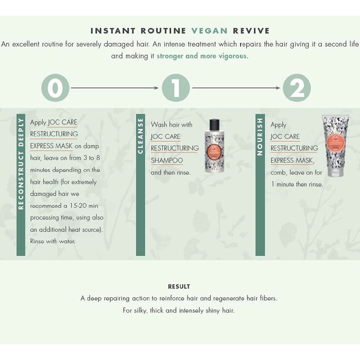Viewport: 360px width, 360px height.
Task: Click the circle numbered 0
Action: pyautogui.click(x=55, y=88)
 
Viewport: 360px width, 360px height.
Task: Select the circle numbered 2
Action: pyautogui.click(x=297, y=88)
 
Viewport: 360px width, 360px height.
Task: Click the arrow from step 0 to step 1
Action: pyautogui.click(x=115, y=88)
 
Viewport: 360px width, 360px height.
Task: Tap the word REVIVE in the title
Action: pyautogui.click(x=251, y=31)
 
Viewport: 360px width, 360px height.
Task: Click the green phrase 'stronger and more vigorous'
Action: pyautogui.click(x=202, y=56)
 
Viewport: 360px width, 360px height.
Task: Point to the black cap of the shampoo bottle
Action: pyautogui.click(x=215, y=124)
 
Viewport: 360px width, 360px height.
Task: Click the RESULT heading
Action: pyautogui.click(x=179, y=287)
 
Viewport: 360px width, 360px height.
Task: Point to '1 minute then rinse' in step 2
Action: pyautogui.click(x=297, y=184)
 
